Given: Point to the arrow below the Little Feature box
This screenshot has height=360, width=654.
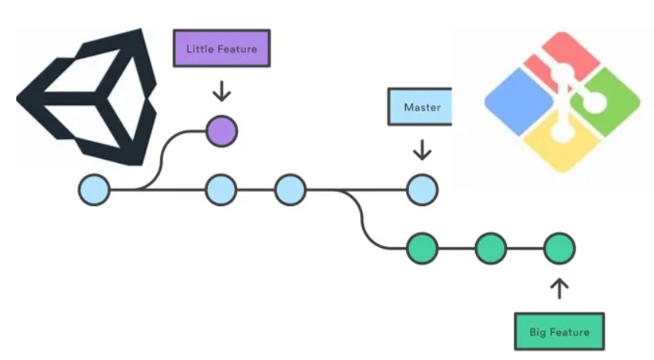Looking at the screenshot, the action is coord(222,91).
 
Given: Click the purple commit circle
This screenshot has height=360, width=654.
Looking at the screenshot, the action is coord(222,131).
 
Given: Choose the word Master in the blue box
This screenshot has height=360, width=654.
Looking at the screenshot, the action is coord(422,107).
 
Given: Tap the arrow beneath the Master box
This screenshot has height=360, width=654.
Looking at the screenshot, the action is coord(422,150).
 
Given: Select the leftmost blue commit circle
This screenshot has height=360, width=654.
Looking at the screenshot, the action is coord(95,190).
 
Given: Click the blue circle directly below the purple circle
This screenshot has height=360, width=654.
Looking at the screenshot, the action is coord(222,190).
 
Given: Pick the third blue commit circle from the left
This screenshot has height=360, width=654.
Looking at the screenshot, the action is coord(290,190).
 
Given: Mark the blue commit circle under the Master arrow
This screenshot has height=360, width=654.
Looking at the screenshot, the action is coord(422,190).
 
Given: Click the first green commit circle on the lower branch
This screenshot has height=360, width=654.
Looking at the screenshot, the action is coord(422,249).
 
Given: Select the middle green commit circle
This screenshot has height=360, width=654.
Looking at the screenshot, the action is coord(491,249).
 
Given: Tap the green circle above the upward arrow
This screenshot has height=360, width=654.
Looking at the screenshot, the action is coord(560,249).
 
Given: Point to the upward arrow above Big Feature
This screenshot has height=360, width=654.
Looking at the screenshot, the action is coord(559,288).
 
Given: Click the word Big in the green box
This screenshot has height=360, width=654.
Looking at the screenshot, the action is coord(537,333).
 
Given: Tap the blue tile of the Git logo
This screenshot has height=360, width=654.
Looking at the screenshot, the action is coord(519,102).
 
